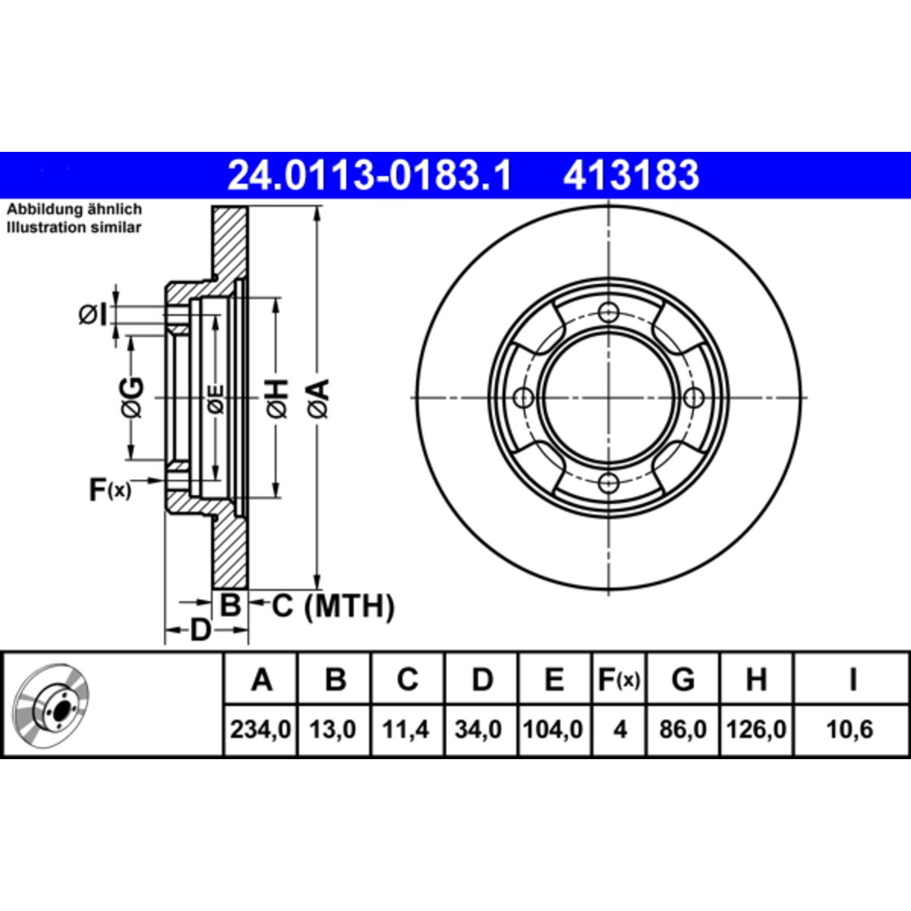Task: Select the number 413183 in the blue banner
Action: pos(631,175)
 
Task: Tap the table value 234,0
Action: pos(260,730)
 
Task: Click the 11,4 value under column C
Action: pos(405,730)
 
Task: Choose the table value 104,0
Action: pos(553,730)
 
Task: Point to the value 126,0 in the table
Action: pos(756,730)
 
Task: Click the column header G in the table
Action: pos(683,679)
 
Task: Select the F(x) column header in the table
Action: pos(619,679)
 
